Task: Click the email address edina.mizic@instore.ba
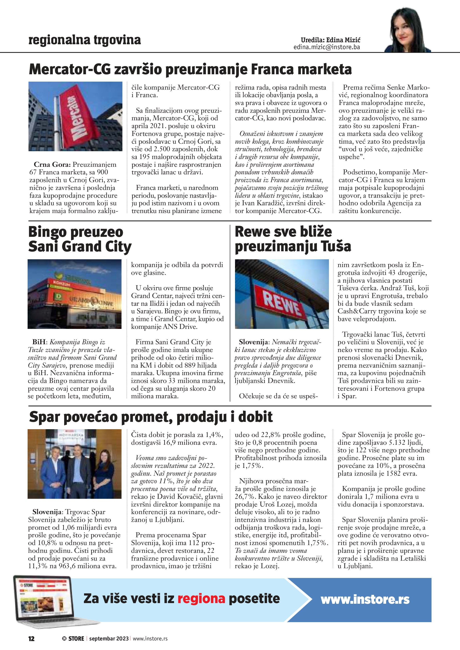[x=327, y=47]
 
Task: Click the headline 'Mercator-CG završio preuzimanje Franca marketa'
[x=190, y=69]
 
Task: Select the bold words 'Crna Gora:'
[x=52, y=165]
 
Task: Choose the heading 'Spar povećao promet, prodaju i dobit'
[x=151, y=417]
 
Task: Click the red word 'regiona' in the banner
[x=201, y=598]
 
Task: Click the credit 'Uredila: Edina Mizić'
[x=330, y=40]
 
